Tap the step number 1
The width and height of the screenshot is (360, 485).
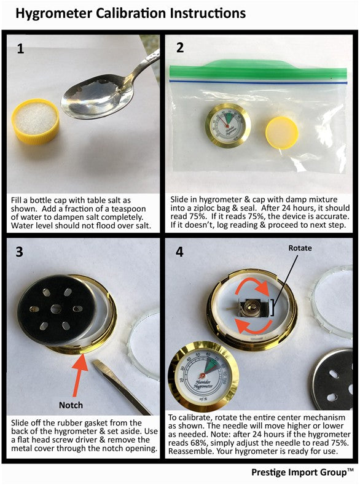click(20, 49)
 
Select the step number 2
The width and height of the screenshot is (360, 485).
click(180, 48)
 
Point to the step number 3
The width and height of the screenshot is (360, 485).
click(20, 252)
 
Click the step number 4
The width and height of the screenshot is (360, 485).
click(179, 252)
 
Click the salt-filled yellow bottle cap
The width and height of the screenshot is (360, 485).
click(36, 122)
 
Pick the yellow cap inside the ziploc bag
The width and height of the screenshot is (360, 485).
click(282, 133)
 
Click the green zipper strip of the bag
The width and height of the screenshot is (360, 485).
click(258, 70)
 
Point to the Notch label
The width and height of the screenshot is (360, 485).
click(71, 405)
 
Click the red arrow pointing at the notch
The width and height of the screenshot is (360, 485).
click(79, 375)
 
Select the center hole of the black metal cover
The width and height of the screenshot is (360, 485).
click(56, 308)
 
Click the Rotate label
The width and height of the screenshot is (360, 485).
click(300, 248)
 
